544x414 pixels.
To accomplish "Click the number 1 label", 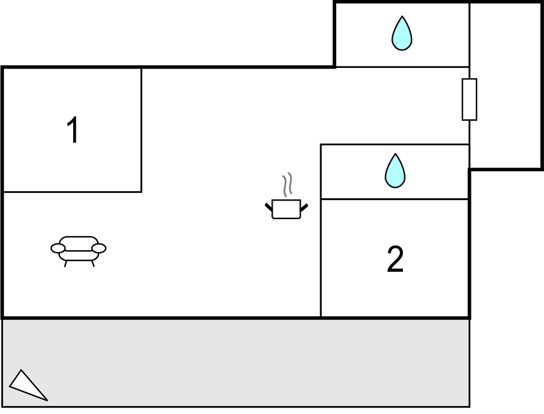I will tap(73, 130).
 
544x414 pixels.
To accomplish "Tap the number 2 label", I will tap(395, 259).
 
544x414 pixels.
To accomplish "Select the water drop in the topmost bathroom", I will tap(402, 33).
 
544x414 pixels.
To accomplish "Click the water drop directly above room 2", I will tap(395, 171).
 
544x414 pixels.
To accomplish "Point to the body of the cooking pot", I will tap(286, 210).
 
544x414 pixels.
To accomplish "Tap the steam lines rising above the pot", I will tap(288, 184).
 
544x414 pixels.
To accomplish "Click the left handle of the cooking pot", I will tap(269, 206).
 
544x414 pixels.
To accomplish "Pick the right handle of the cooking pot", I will tap(304, 206).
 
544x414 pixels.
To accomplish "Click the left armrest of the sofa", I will tap(58, 248).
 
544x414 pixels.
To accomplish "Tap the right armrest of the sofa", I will tap(99, 248).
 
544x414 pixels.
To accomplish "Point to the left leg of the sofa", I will tap(65, 264).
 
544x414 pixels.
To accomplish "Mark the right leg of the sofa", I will tap(93, 264).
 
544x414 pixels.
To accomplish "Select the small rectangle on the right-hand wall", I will tap(469, 99).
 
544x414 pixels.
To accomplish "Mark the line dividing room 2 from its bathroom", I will tap(395, 199).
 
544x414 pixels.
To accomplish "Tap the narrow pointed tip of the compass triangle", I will tap(46, 399).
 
